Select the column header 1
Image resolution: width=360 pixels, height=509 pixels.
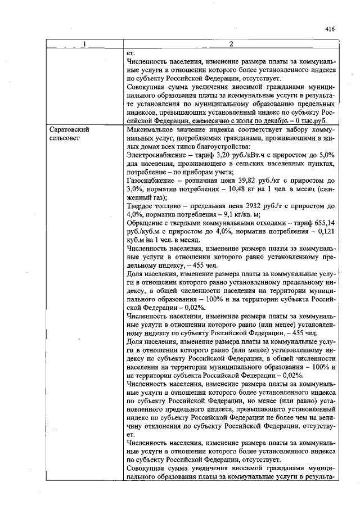pyautogui.click(x=84, y=45)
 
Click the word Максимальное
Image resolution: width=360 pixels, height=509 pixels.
pyautogui.click(x=153, y=129)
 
